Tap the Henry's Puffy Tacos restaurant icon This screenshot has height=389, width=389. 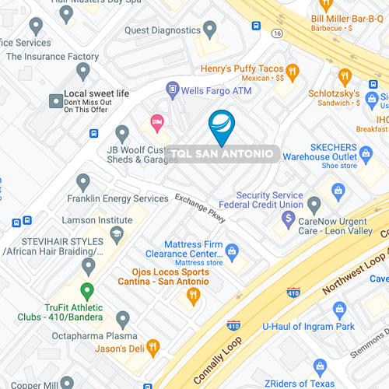click(x=293, y=72)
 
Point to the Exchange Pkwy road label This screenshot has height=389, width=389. click(x=200, y=208)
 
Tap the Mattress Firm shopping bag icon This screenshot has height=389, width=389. click(x=232, y=250)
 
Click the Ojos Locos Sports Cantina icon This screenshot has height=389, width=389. click(x=194, y=294)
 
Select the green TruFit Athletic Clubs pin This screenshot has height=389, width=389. click(x=87, y=292)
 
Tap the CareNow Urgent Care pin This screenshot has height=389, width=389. click(x=314, y=205)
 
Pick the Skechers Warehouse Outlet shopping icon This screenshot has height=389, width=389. click(x=338, y=190)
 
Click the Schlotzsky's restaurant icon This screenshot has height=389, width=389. click(x=345, y=76)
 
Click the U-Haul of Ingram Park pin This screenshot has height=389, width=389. click(x=339, y=310)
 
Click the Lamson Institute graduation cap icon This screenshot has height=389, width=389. click(x=116, y=233)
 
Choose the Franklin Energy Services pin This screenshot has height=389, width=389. click(x=83, y=182)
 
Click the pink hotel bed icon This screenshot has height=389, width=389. click(x=156, y=122)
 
